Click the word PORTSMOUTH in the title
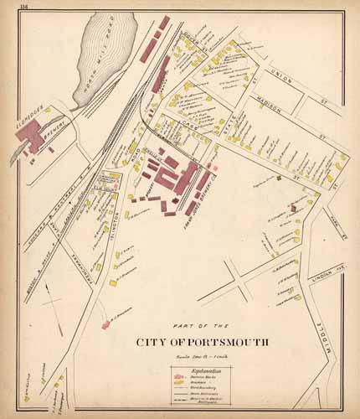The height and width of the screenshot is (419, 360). coord(213,341)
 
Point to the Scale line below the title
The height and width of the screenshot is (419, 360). coord(192,354)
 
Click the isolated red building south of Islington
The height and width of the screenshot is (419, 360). coord(106,323)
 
